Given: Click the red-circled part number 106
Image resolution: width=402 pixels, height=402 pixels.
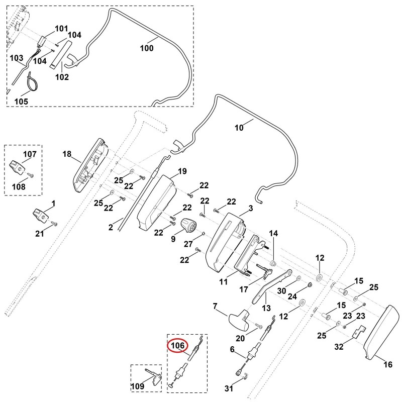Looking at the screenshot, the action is (x=178, y=346).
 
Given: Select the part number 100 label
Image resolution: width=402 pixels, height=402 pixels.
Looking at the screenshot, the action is (x=147, y=48).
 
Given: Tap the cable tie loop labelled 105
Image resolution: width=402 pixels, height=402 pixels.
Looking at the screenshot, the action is (x=33, y=81).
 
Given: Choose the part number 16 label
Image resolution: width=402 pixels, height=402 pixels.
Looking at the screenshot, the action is (x=388, y=364).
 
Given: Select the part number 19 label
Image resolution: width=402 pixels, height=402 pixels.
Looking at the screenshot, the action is (x=182, y=171).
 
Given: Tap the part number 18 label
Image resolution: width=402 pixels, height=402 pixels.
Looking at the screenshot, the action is (x=67, y=154).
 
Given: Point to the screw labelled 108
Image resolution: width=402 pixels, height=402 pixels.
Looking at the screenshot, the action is (x=31, y=176).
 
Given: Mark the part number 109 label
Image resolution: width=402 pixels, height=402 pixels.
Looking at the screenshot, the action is (x=137, y=386).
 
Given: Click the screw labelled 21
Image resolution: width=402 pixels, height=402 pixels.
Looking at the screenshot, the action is (x=55, y=224).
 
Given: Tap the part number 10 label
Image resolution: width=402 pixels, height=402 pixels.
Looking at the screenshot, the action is (x=239, y=128).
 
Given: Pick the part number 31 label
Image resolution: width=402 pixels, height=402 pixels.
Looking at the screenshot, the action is (x=229, y=388).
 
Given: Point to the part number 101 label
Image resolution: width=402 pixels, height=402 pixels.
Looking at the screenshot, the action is (x=61, y=29).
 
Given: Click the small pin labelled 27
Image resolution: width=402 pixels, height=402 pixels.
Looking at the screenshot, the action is (x=204, y=233).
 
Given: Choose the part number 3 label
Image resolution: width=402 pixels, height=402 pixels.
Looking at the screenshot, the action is (x=250, y=208).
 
